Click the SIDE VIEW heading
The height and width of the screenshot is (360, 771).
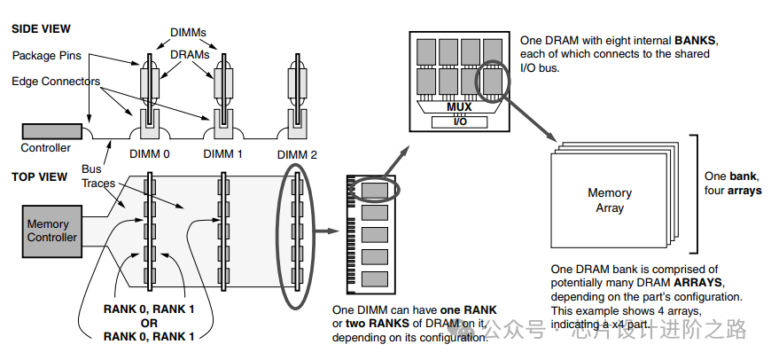tap(41, 28)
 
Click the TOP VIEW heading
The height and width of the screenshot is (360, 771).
tap(39, 176)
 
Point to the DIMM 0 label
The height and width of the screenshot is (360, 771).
tap(149, 153)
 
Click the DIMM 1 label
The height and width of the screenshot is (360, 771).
tap(223, 153)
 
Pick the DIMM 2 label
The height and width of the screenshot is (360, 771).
tap(297, 153)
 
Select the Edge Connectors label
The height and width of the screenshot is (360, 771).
tap(56, 81)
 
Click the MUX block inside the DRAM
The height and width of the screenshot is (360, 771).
tap(459, 107)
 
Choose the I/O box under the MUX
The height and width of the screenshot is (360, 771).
tap(459, 121)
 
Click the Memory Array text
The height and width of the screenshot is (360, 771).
tap(610, 200)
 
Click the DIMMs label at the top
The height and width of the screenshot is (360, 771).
tap(190, 32)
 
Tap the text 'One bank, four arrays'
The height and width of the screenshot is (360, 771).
tap(732, 184)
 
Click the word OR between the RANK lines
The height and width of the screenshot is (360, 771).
tap(149, 322)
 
